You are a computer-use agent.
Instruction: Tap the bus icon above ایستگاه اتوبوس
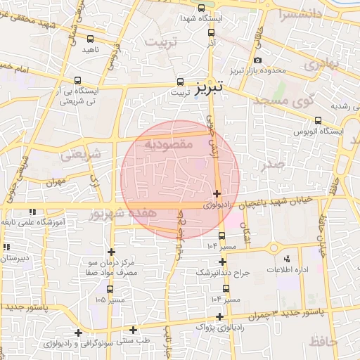point(319,120)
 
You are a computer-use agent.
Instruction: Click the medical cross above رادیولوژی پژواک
point(221,316)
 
